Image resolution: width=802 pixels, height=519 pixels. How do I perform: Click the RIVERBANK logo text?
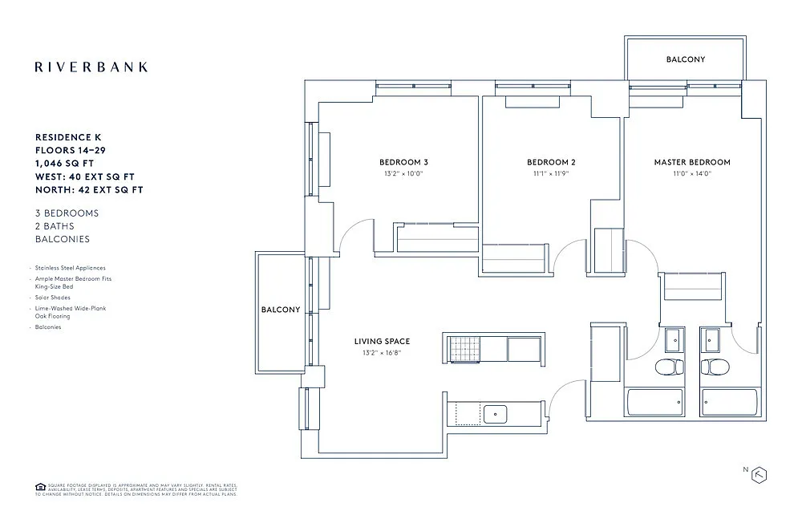point(91,67)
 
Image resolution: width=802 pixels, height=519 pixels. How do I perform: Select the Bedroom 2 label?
point(551,162)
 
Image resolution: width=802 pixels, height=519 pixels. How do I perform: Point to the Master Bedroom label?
point(691,162)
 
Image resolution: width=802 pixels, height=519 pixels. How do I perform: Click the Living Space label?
point(382,342)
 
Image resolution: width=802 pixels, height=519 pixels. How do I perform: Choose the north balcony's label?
point(685,59)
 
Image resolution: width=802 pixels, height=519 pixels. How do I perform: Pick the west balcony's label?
point(280,310)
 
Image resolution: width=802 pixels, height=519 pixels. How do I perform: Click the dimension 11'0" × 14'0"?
point(691,173)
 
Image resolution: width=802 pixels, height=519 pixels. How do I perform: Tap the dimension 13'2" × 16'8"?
point(382,352)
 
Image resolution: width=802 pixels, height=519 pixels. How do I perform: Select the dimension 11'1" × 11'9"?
point(551,173)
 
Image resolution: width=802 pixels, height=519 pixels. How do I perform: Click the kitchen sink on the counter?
point(495,414)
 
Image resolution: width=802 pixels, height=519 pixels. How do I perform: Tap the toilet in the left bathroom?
point(668,368)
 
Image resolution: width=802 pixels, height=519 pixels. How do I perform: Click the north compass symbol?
point(758,474)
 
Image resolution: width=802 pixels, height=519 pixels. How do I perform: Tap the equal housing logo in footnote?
point(39,487)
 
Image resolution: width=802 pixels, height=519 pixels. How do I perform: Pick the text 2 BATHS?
point(55,226)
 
